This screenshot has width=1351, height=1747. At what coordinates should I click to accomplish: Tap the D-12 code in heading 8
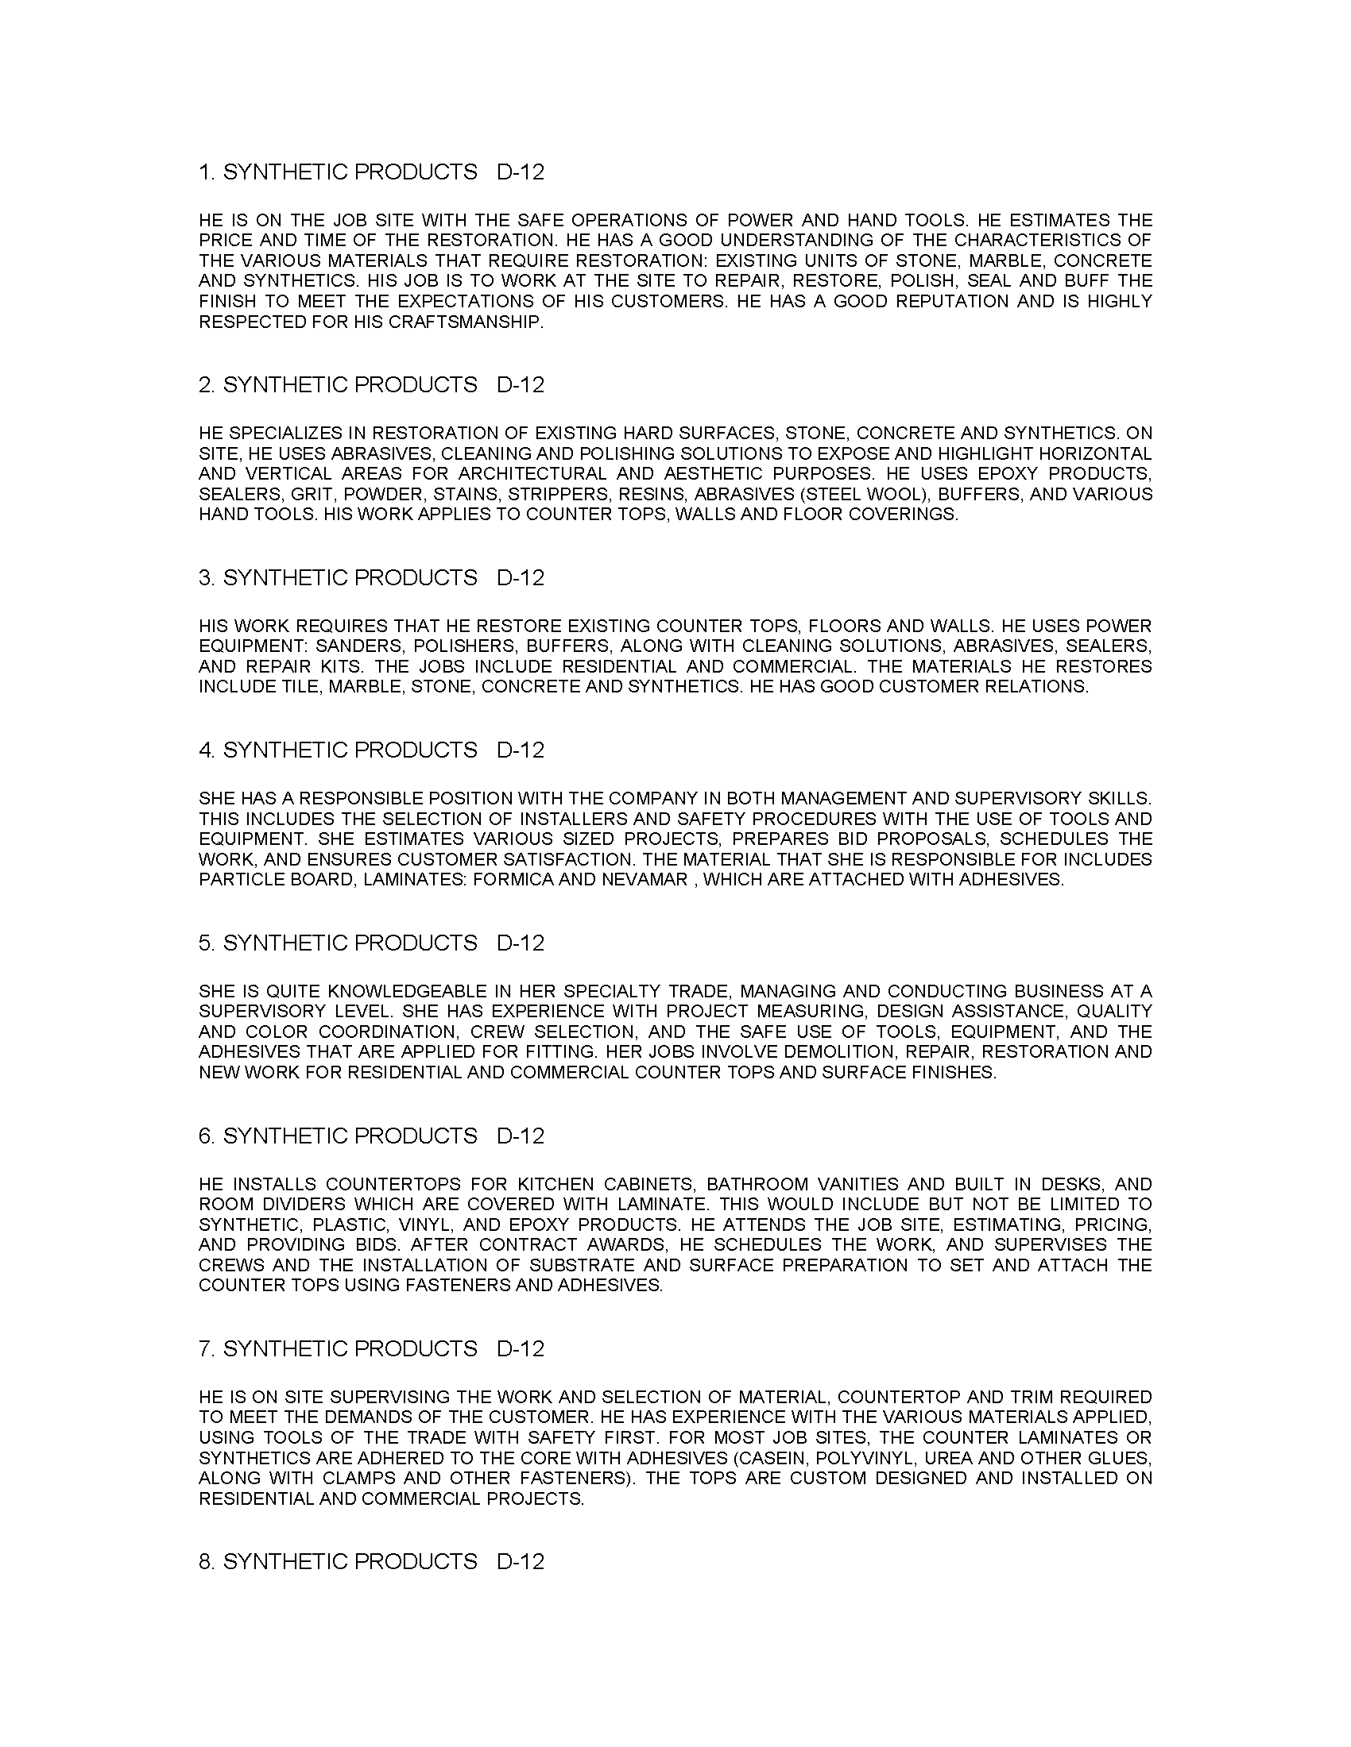click(x=521, y=1561)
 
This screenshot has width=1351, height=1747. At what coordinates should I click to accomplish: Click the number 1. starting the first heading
click(x=207, y=172)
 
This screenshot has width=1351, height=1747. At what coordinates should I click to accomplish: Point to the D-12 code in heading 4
click(x=521, y=750)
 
